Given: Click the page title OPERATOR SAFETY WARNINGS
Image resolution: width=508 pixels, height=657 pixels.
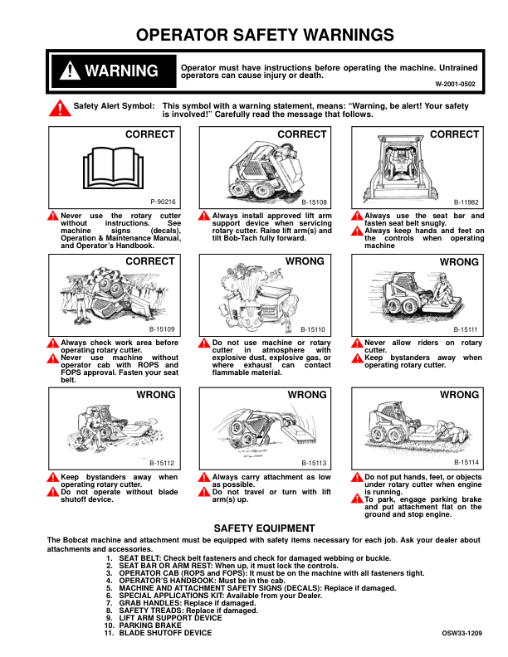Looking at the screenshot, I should point(253,35).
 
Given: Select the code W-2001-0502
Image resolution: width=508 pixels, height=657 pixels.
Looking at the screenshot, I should point(455,84).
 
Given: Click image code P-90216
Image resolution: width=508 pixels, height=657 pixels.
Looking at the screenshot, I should point(163,202).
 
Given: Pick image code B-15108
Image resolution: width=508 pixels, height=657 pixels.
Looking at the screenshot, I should point(314,202).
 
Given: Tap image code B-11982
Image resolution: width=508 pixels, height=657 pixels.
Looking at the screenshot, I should point(466,202).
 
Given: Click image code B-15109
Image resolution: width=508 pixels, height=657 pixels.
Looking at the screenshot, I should point(163,328).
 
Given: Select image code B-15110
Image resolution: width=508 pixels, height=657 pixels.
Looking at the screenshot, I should point(314,328).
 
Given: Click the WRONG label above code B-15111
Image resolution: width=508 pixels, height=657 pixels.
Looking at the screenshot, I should point(459,261).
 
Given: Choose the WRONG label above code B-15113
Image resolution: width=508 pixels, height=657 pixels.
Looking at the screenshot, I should point(307,395).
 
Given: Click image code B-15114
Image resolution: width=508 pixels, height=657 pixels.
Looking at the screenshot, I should point(466,462).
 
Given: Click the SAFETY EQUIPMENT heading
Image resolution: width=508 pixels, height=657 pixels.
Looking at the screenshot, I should point(253,528).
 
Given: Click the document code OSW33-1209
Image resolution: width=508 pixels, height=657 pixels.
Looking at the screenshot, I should point(462,633).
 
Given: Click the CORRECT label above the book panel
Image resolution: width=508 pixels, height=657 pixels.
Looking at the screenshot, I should point(149,134).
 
